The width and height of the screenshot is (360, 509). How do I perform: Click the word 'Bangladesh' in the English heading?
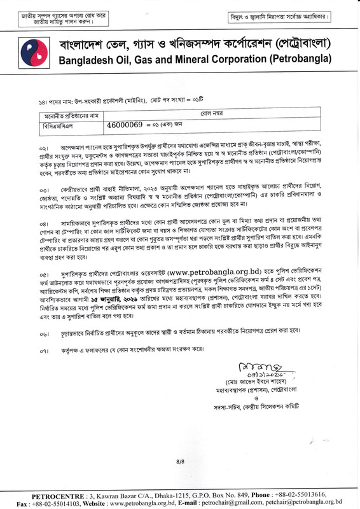[x=88, y=60]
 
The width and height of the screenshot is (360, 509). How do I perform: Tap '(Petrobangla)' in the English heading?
[x=300, y=60]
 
